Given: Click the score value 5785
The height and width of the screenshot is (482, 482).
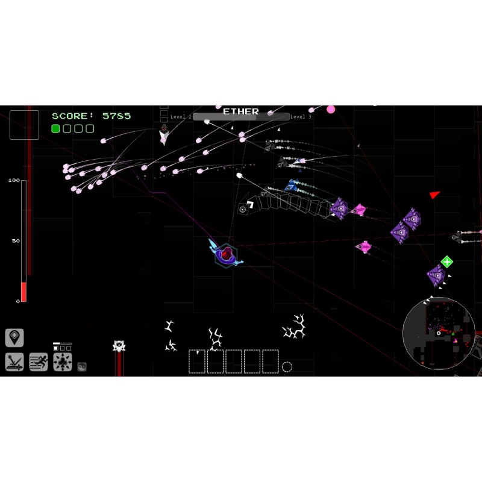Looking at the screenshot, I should (x=116, y=116).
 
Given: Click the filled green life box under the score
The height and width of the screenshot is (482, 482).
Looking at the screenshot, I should (x=55, y=128).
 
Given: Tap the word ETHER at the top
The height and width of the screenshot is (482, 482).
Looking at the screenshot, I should (x=241, y=112).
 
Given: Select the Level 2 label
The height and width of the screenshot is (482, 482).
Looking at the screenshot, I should (x=181, y=117).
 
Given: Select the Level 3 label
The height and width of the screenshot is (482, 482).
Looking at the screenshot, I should (x=301, y=117).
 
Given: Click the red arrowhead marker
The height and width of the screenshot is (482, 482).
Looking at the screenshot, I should (x=434, y=195).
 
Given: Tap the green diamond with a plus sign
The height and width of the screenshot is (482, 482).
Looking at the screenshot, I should (x=446, y=261).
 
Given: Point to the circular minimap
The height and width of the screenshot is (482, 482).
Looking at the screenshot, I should (x=438, y=333).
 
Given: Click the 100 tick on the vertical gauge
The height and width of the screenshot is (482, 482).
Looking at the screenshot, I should (x=14, y=180).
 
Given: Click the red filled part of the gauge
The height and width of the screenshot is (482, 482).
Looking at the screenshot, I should (x=23, y=292).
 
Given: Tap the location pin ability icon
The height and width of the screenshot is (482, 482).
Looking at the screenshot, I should (x=14, y=337).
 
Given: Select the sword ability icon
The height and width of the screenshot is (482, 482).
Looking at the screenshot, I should (x=14, y=362).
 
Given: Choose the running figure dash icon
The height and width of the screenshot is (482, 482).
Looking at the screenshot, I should (x=39, y=362).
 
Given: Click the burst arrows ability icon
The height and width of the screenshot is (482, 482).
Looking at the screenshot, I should (x=63, y=362).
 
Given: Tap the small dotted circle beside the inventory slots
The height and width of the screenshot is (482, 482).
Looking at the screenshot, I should (x=287, y=367).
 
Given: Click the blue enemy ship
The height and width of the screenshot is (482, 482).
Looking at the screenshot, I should (x=292, y=186).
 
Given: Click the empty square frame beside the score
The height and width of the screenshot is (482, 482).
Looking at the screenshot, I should (x=25, y=125).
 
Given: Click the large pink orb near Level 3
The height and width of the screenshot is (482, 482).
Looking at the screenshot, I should (x=331, y=110).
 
